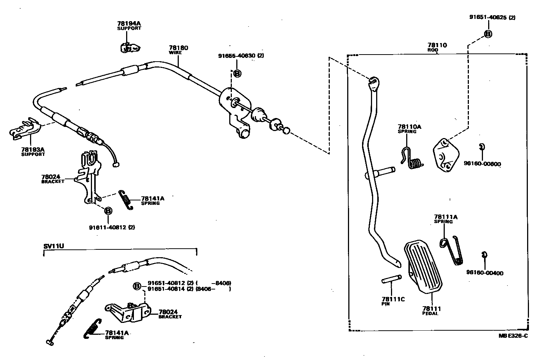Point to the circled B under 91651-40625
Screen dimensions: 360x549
coord(488,34)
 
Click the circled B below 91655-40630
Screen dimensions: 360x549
coord(237,73)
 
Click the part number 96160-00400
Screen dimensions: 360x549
coord(484,273)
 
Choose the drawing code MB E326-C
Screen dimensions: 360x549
coord(513,336)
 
